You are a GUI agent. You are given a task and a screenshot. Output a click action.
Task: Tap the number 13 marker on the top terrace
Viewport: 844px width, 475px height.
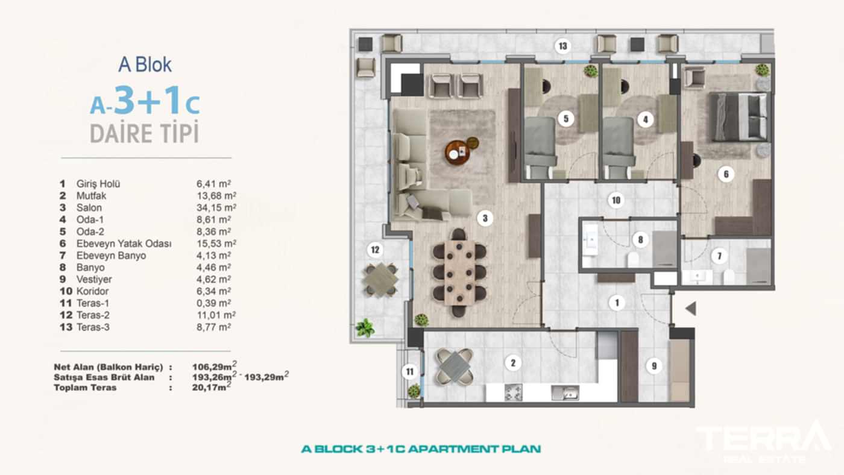(x=562, y=46)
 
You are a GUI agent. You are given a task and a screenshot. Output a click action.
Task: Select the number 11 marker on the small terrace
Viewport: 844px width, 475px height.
(x=410, y=371)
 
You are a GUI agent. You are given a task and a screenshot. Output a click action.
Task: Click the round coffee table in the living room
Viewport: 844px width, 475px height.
(x=458, y=152)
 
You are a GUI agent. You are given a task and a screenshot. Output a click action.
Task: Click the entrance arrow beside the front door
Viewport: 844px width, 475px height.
(x=691, y=309)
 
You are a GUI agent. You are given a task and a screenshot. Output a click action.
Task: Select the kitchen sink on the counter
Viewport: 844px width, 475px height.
(x=565, y=394)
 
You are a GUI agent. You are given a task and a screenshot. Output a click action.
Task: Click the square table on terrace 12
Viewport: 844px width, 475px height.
(x=381, y=279)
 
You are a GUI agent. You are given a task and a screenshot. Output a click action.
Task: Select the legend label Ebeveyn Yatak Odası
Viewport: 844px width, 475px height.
(x=124, y=244)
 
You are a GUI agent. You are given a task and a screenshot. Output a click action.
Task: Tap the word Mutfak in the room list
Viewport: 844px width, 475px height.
(x=90, y=195)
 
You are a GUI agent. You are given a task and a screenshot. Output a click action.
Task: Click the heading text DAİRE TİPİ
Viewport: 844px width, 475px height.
(x=144, y=133)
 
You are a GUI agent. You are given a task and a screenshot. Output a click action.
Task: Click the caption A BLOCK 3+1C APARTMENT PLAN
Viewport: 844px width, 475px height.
(x=421, y=448)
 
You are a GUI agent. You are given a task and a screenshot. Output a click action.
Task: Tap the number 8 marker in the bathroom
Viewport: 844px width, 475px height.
(x=640, y=239)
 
